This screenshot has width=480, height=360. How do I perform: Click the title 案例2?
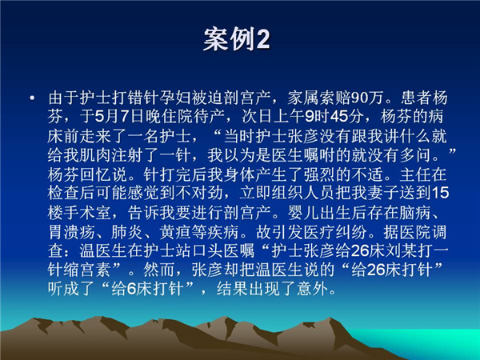tap(237, 39)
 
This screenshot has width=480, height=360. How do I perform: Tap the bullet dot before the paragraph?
tap(32, 98)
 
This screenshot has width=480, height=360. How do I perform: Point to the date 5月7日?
tap(118, 117)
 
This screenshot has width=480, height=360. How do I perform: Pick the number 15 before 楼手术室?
tap(440, 194)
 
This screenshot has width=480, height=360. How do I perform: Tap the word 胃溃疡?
tap(71, 232)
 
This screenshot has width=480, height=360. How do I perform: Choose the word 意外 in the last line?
tap(312, 289)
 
